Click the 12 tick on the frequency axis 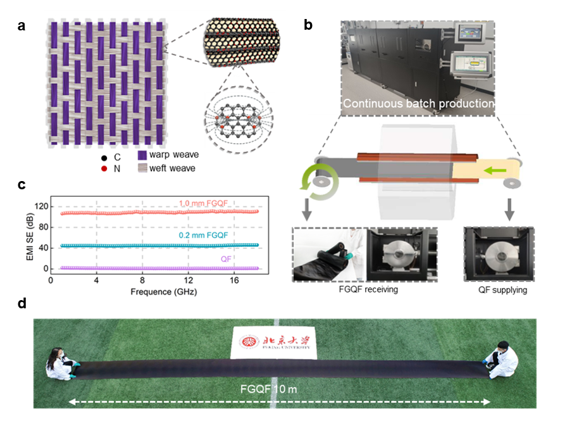pos(188,280)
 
